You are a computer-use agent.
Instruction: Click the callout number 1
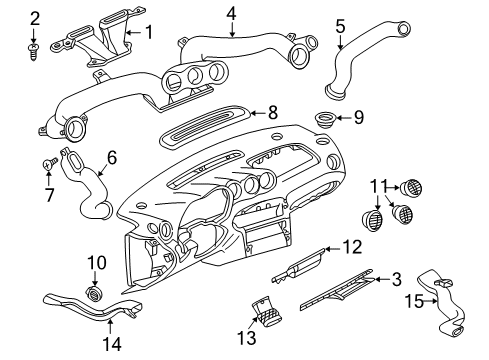148,33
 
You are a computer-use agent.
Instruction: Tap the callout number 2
35,17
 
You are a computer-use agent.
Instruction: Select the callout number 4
231,14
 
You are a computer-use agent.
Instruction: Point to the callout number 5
340,25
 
